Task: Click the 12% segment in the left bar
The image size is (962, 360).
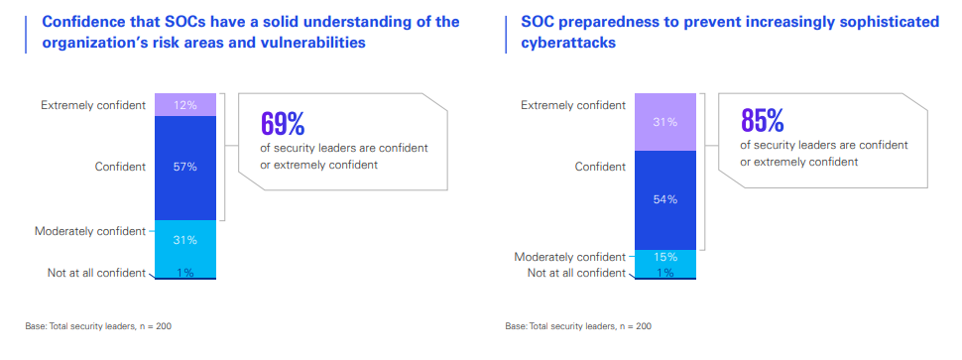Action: pos(185,105)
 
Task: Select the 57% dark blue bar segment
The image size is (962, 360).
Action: pos(185,168)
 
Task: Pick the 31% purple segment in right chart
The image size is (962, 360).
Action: pos(665,122)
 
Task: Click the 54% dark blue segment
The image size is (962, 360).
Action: pos(665,200)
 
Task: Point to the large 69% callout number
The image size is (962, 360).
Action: pos(283,123)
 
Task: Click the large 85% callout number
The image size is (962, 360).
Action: pos(763,120)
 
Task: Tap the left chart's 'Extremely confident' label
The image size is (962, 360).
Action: pos(93,105)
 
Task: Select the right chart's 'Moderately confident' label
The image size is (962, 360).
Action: pos(570,257)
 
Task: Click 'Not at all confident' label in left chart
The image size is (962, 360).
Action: pos(96,273)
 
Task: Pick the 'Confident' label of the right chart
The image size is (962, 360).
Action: pos(600,167)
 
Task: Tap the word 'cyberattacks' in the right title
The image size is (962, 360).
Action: pos(568,43)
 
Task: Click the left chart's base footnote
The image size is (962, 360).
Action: pos(98,326)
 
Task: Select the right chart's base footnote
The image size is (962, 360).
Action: pos(578,326)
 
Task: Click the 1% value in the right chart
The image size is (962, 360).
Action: pos(665,273)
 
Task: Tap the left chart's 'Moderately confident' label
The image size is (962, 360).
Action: pos(90,231)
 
